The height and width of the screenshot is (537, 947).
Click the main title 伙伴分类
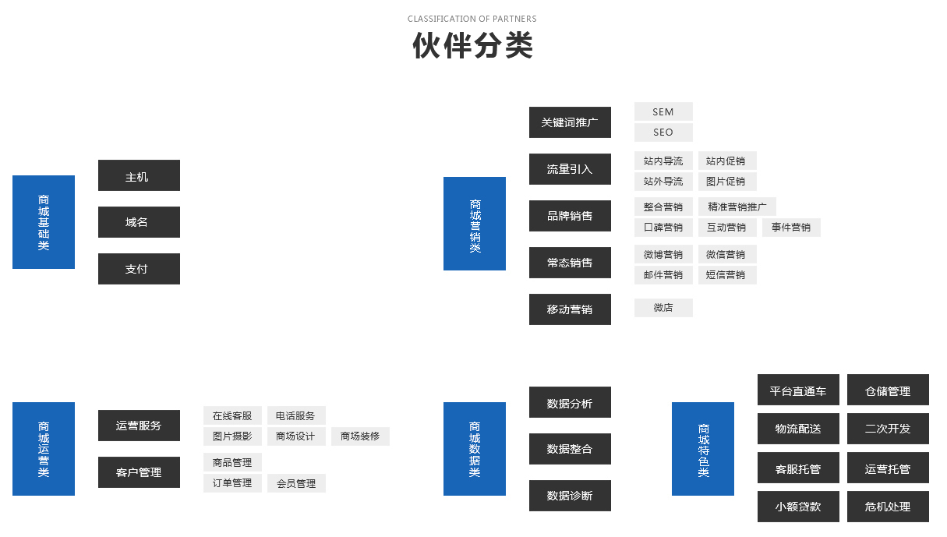(472, 45)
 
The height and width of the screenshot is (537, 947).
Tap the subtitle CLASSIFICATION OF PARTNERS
(472, 19)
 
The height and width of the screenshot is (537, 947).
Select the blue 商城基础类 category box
(44, 222)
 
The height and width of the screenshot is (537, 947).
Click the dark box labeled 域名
(139, 222)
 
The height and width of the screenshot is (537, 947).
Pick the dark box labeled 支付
(139, 269)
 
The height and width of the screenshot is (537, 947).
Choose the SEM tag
(663, 111)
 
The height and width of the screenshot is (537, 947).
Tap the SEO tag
(663, 132)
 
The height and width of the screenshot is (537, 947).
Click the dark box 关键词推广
(570, 122)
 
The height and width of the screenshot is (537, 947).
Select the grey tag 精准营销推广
(737, 207)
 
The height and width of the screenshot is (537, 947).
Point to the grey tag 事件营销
(791, 228)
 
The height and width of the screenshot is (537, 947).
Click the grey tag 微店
(663, 308)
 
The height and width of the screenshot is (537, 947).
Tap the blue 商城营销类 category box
(475, 224)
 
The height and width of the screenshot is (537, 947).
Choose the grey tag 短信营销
(727, 275)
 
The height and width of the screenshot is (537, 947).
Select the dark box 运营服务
(139, 426)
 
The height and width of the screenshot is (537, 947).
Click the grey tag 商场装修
(360, 436)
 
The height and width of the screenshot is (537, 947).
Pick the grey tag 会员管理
(296, 483)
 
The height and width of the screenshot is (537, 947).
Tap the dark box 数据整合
(570, 449)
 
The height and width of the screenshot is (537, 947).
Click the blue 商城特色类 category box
(702, 449)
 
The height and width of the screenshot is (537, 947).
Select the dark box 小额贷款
(798, 507)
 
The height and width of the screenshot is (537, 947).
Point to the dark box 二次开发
(888, 429)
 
